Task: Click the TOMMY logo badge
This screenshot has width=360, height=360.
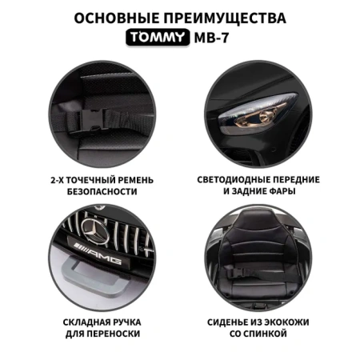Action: (158, 38)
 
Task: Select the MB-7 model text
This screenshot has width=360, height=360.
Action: (211, 38)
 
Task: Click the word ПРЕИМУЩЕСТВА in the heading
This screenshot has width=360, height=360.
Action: (225, 18)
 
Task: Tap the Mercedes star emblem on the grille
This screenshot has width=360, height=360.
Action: (95, 230)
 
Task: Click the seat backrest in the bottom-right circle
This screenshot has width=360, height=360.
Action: (258, 240)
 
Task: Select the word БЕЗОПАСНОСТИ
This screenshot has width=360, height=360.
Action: (102, 191)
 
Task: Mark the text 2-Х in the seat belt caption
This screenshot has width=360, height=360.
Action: (57, 180)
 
